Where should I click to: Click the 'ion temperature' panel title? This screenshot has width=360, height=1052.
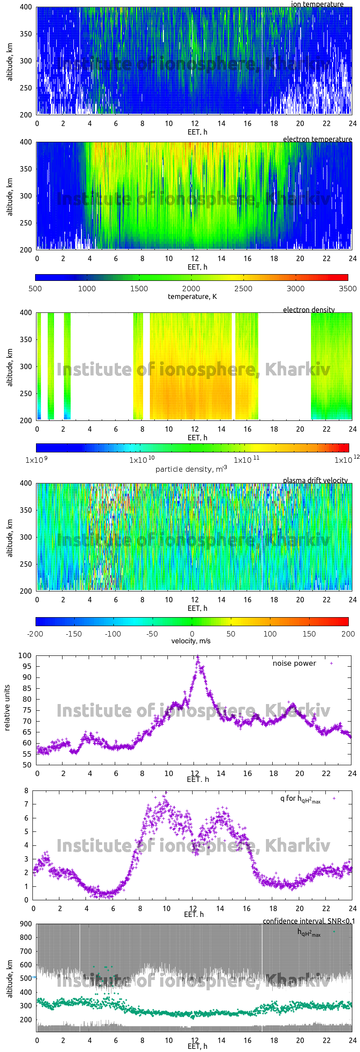click(x=317, y=4)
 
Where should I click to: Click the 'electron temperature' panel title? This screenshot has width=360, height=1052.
click(x=317, y=139)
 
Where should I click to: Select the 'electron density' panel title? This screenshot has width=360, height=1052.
click(x=309, y=310)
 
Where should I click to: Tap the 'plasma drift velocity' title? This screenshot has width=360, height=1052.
click(x=315, y=480)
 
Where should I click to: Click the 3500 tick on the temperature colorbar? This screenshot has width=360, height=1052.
click(x=347, y=289)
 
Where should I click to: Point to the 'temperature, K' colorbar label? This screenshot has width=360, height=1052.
click(x=192, y=296)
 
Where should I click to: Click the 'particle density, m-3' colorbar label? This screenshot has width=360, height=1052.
click(x=191, y=469)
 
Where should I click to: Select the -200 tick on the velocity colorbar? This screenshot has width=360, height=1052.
click(x=35, y=633)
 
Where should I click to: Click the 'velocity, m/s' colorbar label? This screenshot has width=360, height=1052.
click(x=191, y=641)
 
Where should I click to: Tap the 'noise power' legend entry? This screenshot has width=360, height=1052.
click(x=294, y=663)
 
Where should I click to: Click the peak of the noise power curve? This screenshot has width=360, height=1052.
click(x=197, y=657)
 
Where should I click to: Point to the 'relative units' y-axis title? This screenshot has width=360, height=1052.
click(x=7, y=708)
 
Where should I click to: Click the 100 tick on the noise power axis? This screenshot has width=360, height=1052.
click(x=25, y=655)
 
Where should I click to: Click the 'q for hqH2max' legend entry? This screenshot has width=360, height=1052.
click(x=300, y=799)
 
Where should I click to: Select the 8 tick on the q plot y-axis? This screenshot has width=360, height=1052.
click(x=27, y=790)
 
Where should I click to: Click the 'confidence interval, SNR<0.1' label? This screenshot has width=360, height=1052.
click(x=308, y=921)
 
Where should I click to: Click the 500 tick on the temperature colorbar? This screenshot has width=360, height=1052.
click(x=35, y=289)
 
